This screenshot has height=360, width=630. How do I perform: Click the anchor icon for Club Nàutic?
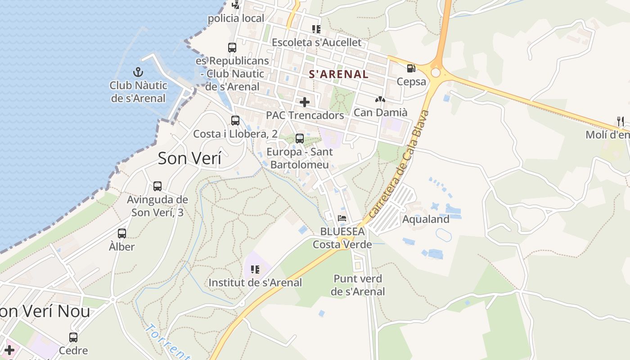click(x=138, y=72)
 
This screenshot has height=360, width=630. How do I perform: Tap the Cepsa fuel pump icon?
click(x=411, y=68)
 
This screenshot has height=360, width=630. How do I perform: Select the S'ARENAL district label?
click(x=338, y=74)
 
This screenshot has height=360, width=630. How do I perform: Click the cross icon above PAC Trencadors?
click(x=305, y=102)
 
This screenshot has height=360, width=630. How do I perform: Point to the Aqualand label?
click(x=425, y=219)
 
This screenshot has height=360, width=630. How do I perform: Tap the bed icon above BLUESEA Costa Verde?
click(x=342, y=218)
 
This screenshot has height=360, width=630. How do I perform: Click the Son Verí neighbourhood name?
click(x=189, y=158)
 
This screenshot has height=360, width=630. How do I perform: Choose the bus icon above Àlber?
click(x=122, y=234)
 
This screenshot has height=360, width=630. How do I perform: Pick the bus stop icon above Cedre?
click(x=73, y=337)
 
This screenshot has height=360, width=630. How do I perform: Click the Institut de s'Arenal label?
click(x=255, y=283)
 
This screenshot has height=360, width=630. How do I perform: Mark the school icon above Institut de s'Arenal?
click(x=255, y=270)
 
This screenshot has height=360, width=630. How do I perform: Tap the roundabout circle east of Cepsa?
click(x=435, y=72)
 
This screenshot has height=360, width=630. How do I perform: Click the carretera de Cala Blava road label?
click(x=399, y=165)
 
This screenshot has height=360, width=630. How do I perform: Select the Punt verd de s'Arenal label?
click(x=358, y=285)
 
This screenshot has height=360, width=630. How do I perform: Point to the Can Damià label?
click(x=380, y=112)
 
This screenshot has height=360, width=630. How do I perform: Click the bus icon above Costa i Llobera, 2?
click(x=235, y=121)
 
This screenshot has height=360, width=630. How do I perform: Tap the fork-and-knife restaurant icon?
click(x=621, y=121)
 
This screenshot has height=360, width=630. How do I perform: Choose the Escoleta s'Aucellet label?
click(x=316, y=42)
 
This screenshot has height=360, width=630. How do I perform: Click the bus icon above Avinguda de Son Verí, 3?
click(x=157, y=186)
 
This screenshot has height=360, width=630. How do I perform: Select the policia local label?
click(x=236, y=18)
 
